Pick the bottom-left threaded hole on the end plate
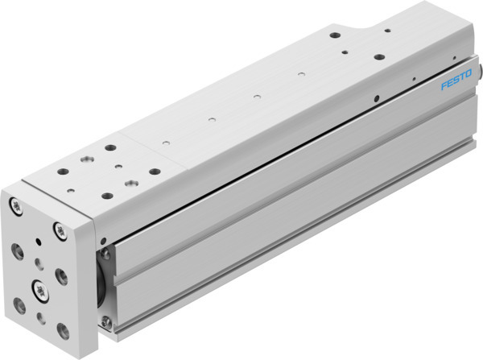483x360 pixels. pyautogui.click(x=19, y=304)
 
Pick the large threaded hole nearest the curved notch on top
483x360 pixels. pyautogui.click(x=334, y=35)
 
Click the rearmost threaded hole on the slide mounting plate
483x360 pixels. pyautogui.click(x=110, y=148)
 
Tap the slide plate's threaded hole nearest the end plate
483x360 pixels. pyautogui.click(x=106, y=195)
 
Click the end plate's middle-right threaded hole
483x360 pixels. pyautogui.click(x=62, y=276)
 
